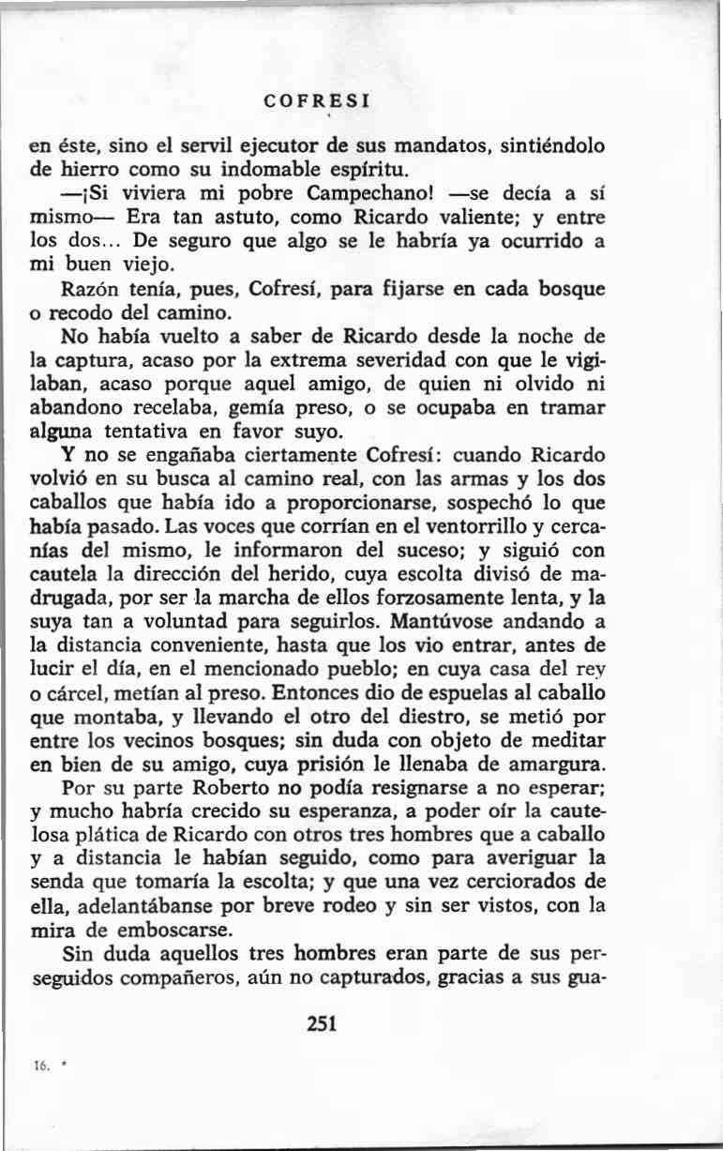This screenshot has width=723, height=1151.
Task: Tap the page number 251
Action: coord(321,1024)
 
